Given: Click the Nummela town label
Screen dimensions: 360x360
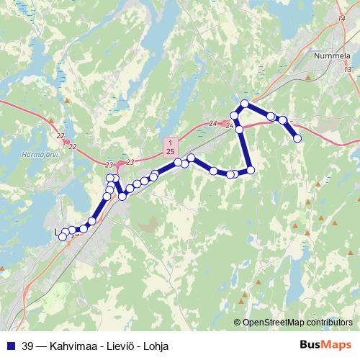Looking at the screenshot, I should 332,54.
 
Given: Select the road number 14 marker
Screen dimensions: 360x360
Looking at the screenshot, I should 341,20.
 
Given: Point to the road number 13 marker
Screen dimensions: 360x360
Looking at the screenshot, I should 348,69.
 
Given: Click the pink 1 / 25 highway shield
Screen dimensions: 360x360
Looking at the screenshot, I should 169,147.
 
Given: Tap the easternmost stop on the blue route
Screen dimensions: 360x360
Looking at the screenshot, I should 297,138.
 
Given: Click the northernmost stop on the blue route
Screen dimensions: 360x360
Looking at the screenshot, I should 245,104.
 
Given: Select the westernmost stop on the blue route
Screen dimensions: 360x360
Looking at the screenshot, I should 63,236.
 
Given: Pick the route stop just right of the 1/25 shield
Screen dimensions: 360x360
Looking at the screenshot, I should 178,163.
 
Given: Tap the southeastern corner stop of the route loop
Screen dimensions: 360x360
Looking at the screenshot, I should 251,170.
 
